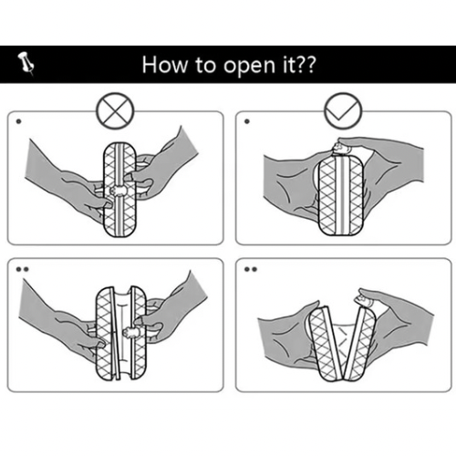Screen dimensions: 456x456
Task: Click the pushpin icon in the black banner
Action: [x=26, y=64]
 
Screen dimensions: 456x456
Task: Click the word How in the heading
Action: [x=165, y=65]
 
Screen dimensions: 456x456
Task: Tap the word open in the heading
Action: [x=249, y=67]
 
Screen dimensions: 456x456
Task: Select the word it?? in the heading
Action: [x=299, y=65]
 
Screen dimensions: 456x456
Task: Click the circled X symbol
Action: [x=115, y=111]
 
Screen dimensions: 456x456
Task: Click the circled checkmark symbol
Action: [x=343, y=111]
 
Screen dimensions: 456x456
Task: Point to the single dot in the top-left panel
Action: [x=19, y=121]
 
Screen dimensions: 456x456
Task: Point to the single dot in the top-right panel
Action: [x=247, y=121]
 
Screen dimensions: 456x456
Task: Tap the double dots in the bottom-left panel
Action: [x=22, y=269]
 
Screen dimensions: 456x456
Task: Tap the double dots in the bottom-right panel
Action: [x=251, y=269]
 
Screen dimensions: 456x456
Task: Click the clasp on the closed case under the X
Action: [x=119, y=191]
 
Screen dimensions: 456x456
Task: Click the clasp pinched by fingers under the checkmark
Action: [x=341, y=149]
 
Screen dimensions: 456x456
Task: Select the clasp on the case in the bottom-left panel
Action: [x=131, y=331]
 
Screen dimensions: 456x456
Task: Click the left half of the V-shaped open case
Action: [x=324, y=343]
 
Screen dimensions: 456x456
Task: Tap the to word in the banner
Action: [x=205, y=65]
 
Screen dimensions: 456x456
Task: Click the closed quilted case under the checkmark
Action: [x=341, y=196]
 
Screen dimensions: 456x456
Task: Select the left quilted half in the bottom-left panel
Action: [x=107, y=333]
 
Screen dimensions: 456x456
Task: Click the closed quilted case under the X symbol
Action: [x=119, y=189]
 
